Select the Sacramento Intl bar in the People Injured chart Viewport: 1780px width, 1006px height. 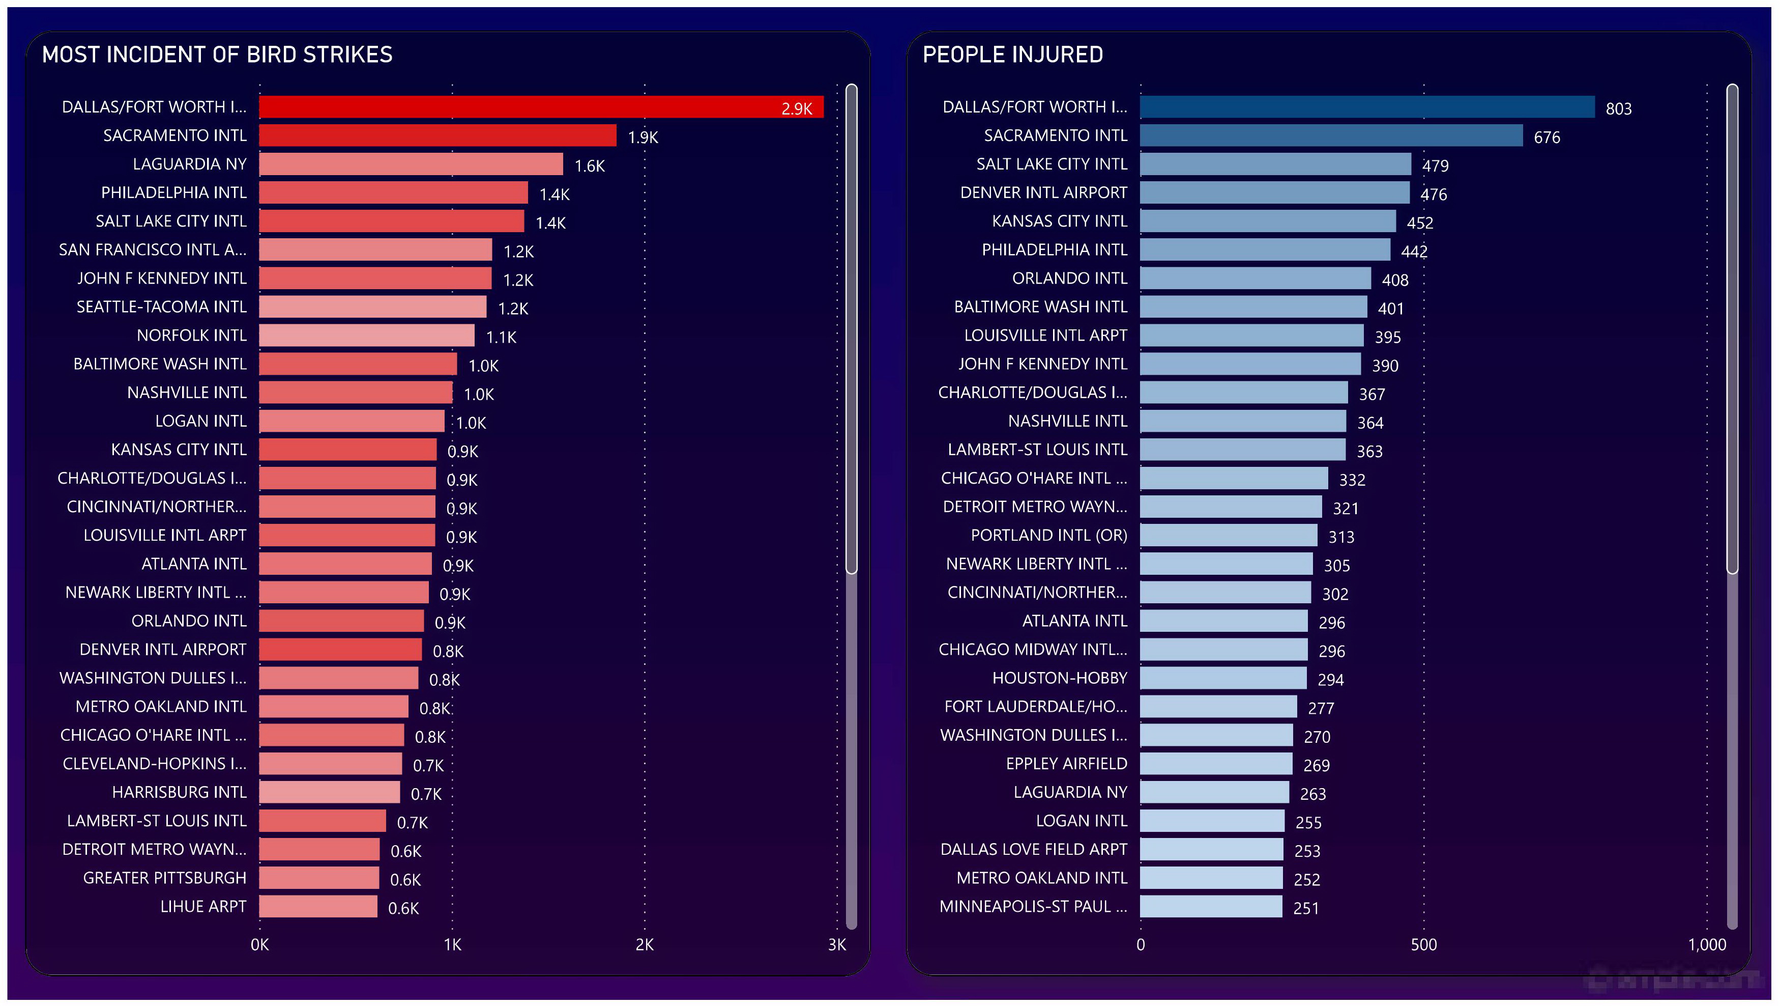point(1330,135)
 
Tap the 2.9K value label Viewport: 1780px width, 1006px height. point(796,108)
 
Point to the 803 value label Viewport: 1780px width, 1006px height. point(1618,108)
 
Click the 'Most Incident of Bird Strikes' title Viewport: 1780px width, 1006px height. point(217,54)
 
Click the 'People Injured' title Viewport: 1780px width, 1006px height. point(1012,54)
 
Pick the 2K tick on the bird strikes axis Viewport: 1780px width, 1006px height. point(644,944)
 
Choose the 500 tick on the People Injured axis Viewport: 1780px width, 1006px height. point(1423,944)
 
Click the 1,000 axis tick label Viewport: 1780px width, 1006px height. point(1706,944)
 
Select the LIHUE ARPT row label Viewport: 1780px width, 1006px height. point(202,906)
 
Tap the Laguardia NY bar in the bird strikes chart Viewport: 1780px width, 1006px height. point(411,164)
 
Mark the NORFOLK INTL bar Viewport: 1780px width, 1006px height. point(366,336)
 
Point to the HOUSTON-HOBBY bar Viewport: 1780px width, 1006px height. point(1222,678)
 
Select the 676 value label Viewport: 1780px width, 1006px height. point(1546,137)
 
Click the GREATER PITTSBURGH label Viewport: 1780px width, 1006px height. point(164,878)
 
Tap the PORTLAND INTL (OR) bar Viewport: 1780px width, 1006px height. point(1228,535)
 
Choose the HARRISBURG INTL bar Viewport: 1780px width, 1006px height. point(329,792)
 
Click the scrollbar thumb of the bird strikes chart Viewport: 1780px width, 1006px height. point(851,328)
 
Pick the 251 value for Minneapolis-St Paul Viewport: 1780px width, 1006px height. point(1305,908)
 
